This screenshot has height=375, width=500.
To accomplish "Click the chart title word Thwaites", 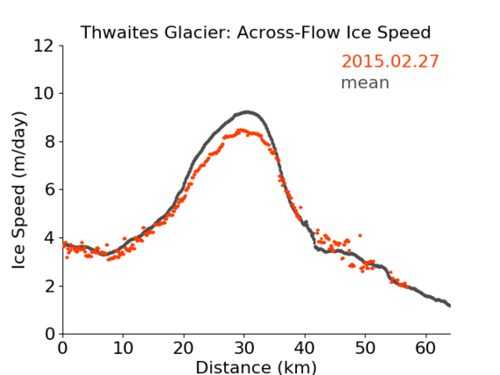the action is (120, 32).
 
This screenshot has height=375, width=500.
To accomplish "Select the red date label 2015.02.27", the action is (390, 61).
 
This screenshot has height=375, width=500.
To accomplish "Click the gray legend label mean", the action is (366, 83).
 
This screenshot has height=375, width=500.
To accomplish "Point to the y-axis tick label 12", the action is (44, 47).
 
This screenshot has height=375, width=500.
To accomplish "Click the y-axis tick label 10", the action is (44, 94).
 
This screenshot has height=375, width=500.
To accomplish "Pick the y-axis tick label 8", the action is (49, 141).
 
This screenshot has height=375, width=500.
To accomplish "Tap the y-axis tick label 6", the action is (49, 190).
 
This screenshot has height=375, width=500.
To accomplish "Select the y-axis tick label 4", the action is (49, 238).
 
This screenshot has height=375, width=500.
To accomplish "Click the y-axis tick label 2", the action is (49, 286).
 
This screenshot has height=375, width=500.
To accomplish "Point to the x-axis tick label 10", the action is (123, 348).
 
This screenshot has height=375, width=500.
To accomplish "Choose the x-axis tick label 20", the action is (184, 348).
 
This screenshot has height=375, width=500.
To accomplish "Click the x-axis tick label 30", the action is (244, 348).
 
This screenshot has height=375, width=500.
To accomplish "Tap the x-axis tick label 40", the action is (305, 348).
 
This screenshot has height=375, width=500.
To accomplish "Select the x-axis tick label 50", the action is (366, 348).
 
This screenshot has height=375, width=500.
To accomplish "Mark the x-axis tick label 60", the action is (425, 348).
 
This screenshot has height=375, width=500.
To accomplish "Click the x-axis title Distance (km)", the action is (256, 367).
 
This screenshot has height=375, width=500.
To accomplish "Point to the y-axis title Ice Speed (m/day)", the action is (18, 190).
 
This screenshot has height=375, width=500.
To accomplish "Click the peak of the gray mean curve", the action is (247, 112).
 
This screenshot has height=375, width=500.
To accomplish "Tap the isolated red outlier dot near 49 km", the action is (360, 235).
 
